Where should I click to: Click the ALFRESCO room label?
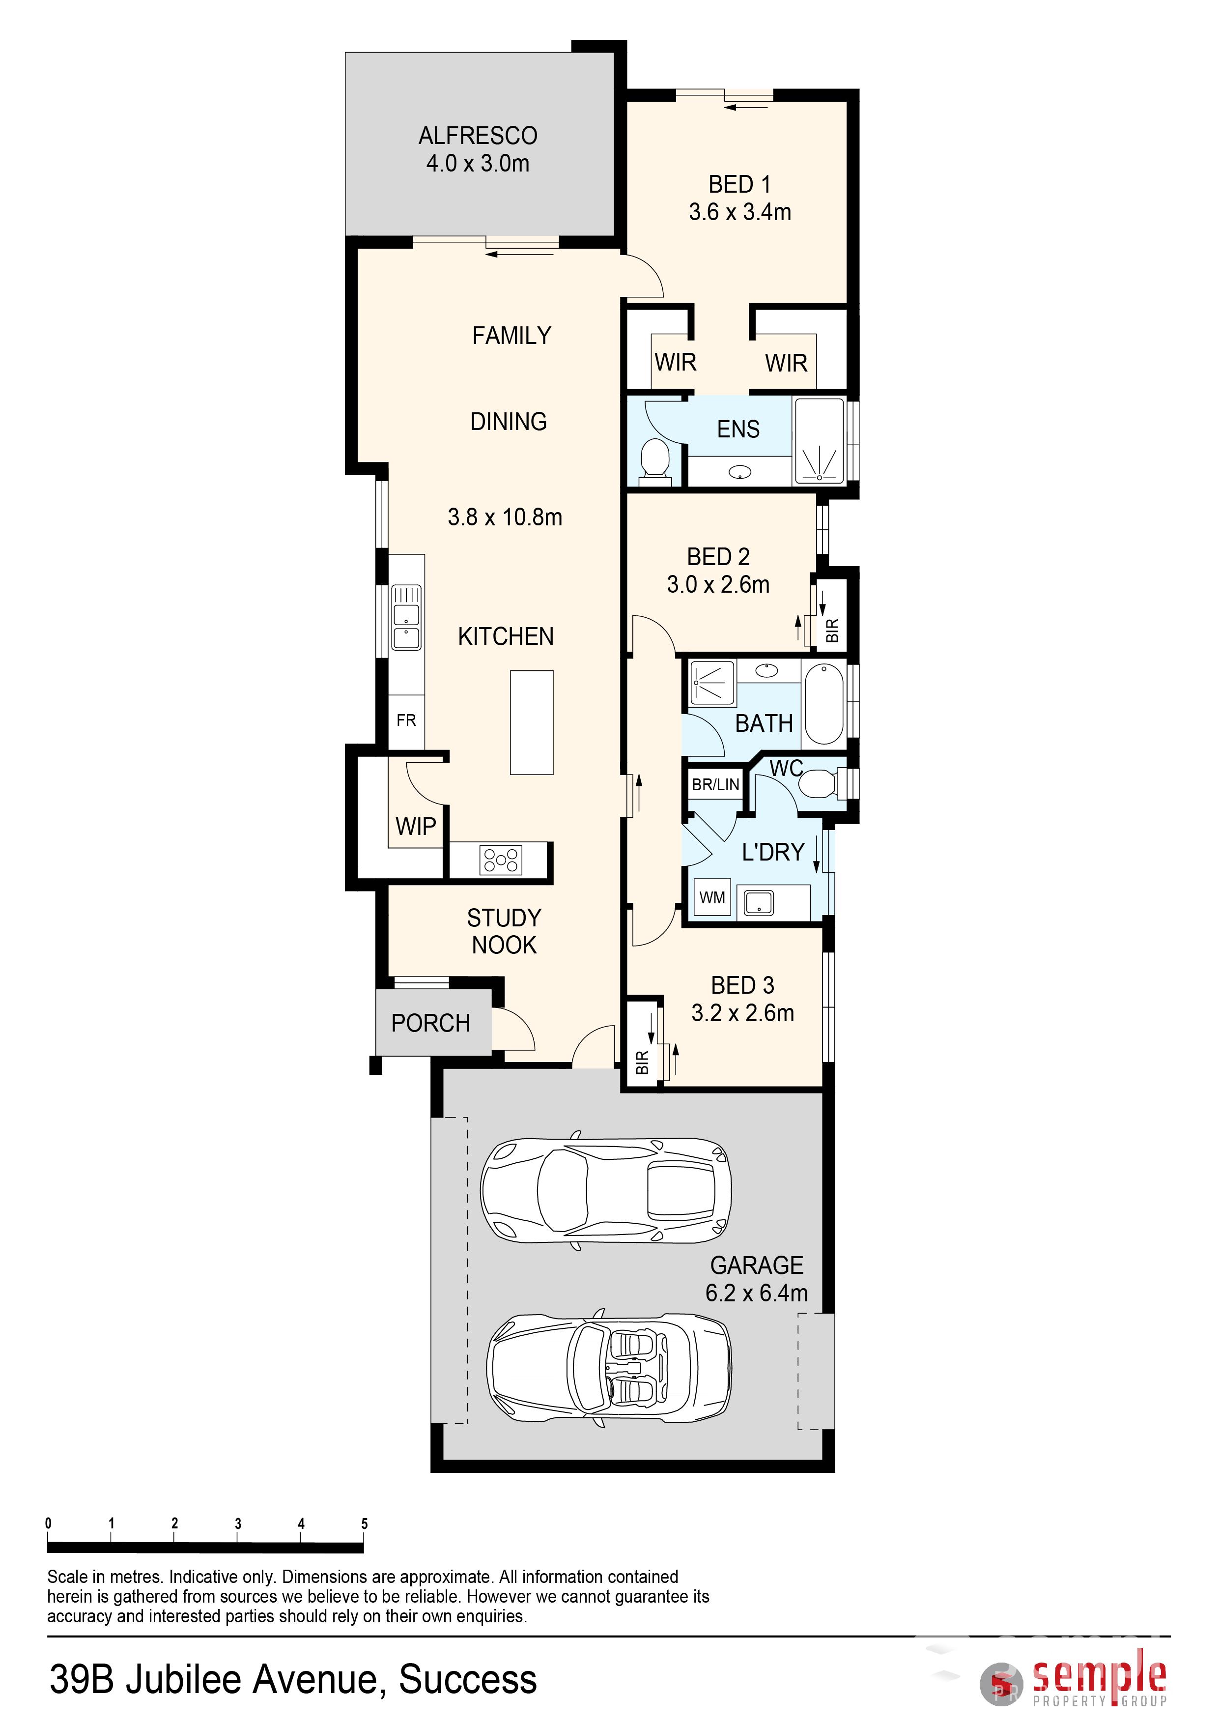[478, 136]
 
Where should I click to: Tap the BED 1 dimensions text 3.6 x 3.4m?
[740, 212]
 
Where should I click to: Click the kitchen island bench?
[532, 722]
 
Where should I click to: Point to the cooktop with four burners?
[501, 860]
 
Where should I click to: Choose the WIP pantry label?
[416, 826]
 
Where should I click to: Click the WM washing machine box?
[712, 897]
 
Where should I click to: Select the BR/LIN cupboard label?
[715, 785]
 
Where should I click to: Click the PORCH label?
[431, 1023]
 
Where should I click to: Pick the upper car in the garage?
[606, 1190]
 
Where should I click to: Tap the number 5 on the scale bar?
[365, 1523]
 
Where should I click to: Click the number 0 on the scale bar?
[48, 1523]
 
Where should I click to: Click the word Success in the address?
[468, 1680]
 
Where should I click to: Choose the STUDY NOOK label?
[505, 931]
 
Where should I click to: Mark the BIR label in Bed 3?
[642, 1063]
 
